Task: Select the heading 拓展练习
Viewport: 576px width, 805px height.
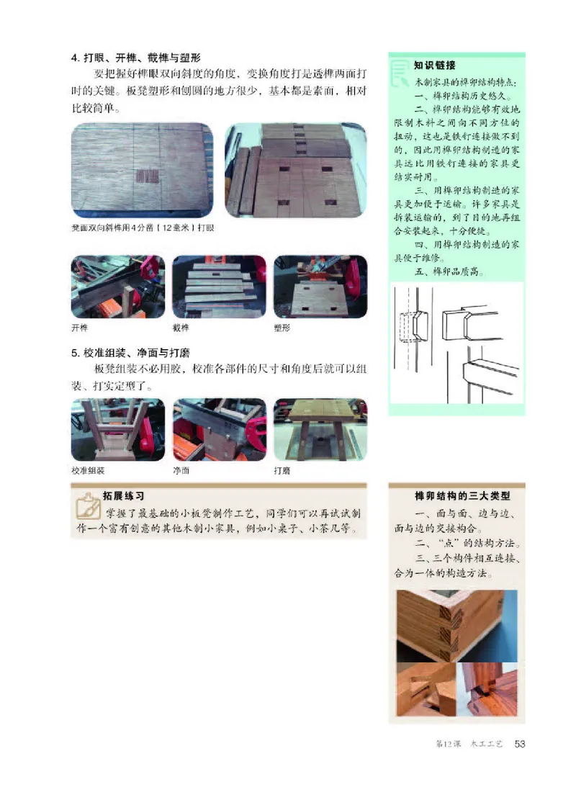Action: click(124, 496)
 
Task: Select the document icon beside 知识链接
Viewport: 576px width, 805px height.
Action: click(398, 71)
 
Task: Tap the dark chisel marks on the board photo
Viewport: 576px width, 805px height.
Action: click(146, 175)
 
